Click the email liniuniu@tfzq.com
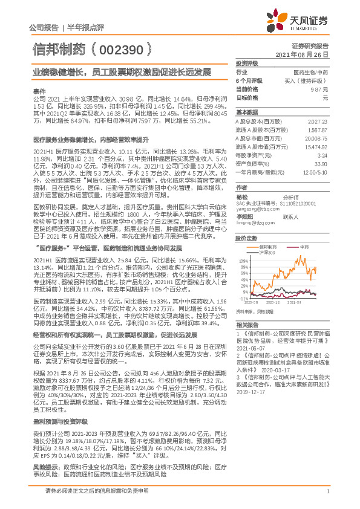254,222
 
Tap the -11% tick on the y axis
243,297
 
